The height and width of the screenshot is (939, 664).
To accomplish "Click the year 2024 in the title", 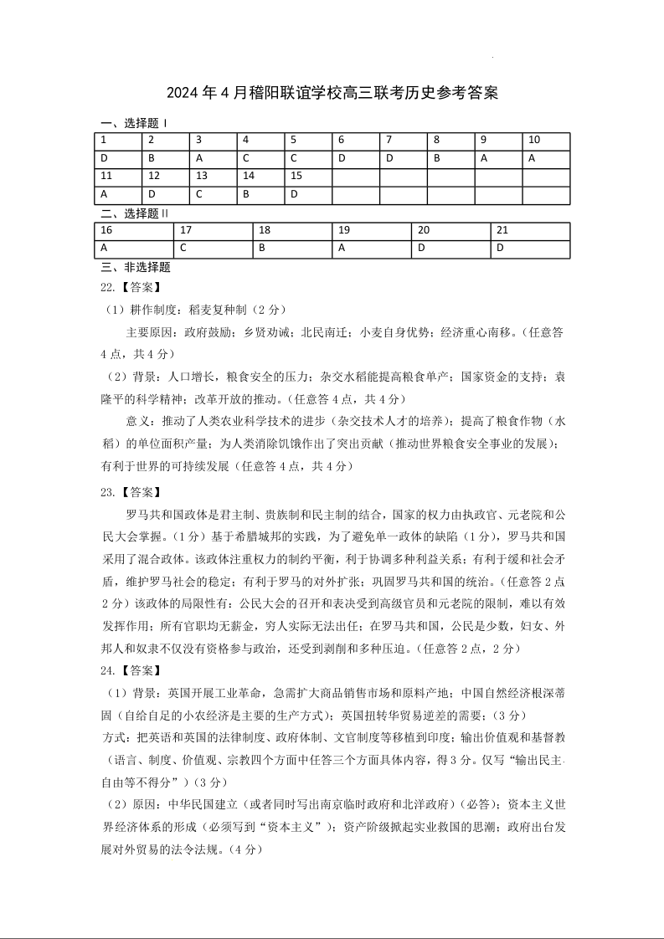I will [x=184, y=93].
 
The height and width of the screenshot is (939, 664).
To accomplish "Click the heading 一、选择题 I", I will [x=133, y=123].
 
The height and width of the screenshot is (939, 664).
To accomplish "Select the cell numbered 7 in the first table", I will [x=403, y=141].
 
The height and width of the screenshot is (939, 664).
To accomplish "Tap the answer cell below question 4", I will [x=260, y=158].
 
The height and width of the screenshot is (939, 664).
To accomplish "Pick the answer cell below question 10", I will [x=546, y=158].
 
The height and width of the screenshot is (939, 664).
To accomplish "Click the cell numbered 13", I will [x=213, y=177].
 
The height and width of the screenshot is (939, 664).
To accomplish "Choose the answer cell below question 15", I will [x=308, y=195].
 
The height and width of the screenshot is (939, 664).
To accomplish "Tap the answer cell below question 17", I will [x=214, y=249].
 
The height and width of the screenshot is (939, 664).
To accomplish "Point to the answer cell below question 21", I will [x=530, y=249].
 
